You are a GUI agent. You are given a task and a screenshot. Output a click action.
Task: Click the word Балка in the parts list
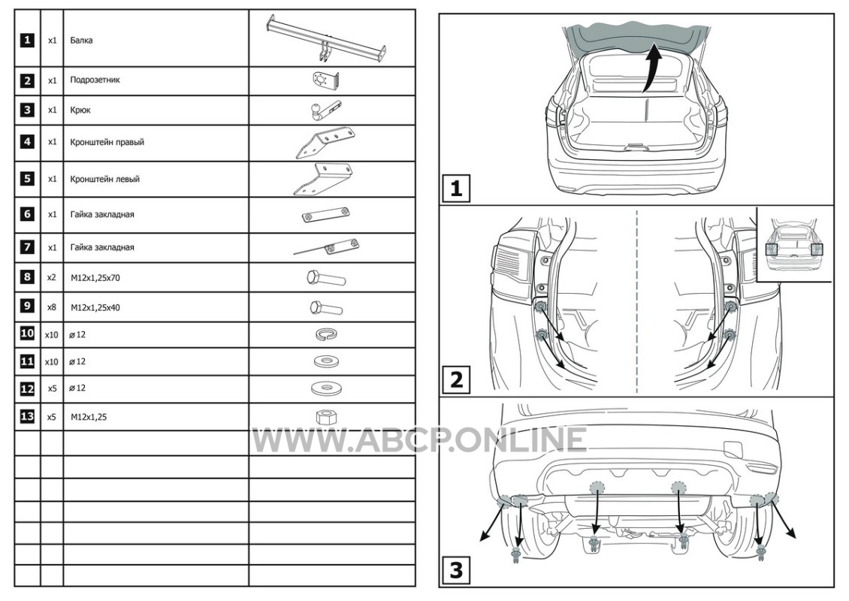(x=81, y=41)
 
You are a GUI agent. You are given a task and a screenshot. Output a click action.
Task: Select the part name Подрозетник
(x=95, y=80)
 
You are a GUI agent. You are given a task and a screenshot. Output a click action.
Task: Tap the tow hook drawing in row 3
(x=325, y=110)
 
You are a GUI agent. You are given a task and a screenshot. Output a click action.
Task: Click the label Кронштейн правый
(x=107, y=143)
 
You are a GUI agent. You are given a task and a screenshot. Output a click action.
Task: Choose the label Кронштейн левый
(x=104, y=180)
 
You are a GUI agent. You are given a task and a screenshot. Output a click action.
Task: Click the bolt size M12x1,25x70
(x=95, y=278)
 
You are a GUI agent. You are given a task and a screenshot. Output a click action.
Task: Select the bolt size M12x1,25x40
(x=95, y=308)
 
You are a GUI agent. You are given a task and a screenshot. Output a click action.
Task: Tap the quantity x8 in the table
(x=51, y=307)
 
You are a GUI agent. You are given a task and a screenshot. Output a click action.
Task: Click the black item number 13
(x=27, y=416)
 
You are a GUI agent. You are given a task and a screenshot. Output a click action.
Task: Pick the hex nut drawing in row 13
(x=327, y=417)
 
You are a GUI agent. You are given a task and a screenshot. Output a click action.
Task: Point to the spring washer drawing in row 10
(x=327, y=334)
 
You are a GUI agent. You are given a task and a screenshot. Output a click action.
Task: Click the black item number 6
(x=27, y=214)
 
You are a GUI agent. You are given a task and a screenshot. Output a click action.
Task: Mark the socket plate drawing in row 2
(x=325, y=80)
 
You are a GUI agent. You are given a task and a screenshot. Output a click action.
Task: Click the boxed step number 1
(x=456, y=189)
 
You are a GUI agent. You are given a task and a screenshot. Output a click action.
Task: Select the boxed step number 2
(x=456, y=379)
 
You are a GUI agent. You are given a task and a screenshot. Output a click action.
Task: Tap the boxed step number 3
(x=456, y=570)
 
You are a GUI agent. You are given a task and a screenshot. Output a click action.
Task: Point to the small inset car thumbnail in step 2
(x=793, y=244)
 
